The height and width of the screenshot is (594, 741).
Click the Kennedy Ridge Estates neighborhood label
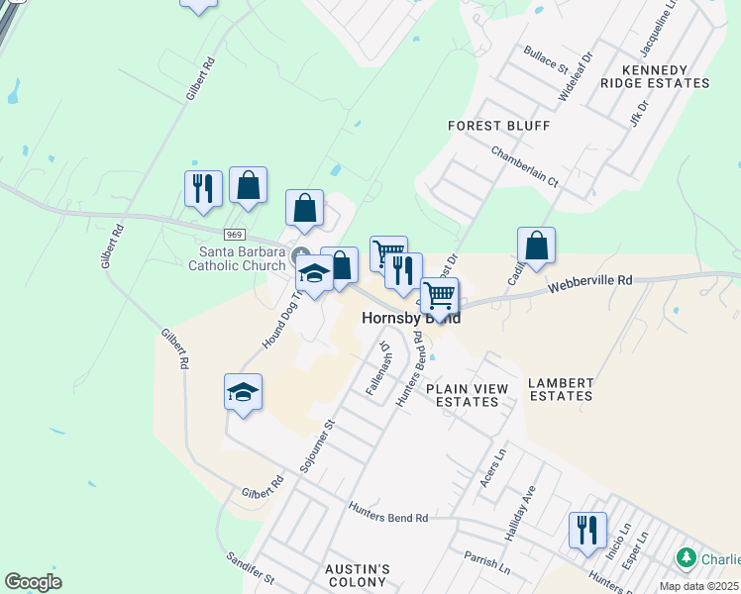(668, 76)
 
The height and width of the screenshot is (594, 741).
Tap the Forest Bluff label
(498, 127)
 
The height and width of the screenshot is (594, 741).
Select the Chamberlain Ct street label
(526, 166)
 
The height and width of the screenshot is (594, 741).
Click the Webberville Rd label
(590, 283)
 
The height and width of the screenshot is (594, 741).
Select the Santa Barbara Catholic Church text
(239, 257)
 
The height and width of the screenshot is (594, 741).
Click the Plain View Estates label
(462, 395)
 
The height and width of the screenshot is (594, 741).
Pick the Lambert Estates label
(561, 389)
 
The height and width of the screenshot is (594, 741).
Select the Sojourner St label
(318, 443)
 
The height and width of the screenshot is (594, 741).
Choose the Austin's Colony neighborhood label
(358, 575)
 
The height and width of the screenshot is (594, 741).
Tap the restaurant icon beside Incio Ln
(587, 528)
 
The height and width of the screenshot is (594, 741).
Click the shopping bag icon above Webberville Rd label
(536, 247)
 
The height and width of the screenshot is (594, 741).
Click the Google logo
(34, 581)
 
